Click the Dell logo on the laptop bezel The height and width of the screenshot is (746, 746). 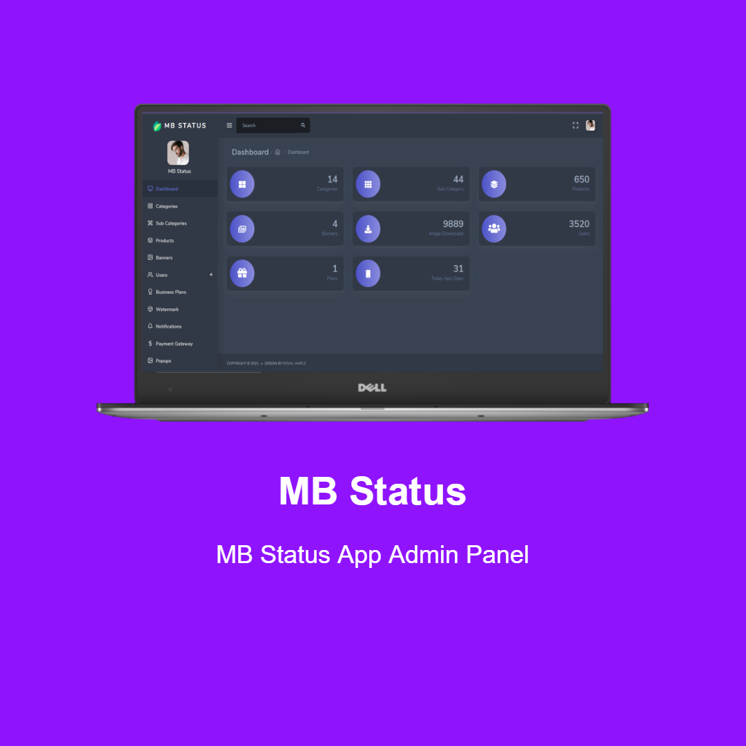click(x=372, y=388)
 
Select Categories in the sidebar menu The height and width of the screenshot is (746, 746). click(x=166, y=206)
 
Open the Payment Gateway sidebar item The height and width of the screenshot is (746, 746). click(x=174, y=344)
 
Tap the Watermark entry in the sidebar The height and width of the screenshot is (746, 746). click(x=167, y=309)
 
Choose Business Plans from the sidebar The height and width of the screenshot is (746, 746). click(x=170, y=292)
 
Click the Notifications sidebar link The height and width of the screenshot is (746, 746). click(x=168, y=326)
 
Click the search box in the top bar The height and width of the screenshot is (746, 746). click(x=269, y=126)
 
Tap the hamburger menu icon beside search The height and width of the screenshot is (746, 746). click(x=229, y=126)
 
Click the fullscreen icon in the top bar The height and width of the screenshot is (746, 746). click(x=576, y=126)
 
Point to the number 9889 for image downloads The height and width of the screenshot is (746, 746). click(x=453, y=224)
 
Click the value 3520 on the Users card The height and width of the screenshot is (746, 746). click(x=579, y=224)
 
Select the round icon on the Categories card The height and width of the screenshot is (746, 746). click(x=242, y=184)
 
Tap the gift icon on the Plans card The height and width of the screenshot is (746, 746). click(x=242, y=273)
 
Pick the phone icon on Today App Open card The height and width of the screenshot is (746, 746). click(x=368, y=273)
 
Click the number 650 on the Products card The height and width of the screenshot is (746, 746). click(x=581, y=179)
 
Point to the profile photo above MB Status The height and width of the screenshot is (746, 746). click(x=178, y=153)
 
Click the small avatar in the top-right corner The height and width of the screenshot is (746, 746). click(x=591, y=126)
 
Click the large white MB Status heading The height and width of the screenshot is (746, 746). click(x=373, y=491)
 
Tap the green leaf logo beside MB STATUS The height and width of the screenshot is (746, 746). click(x=157, y=126)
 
